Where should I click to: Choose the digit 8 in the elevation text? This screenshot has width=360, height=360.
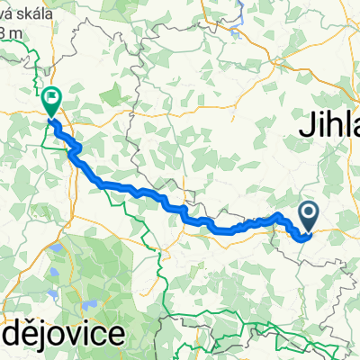(5, 33)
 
